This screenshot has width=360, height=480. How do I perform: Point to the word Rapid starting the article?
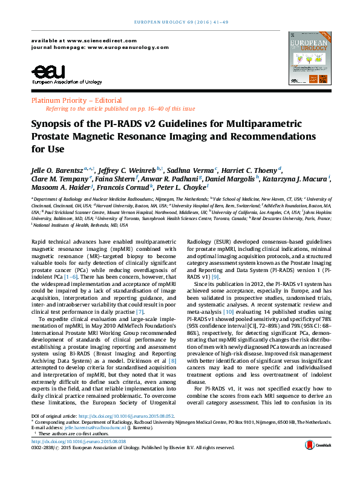point(40,241)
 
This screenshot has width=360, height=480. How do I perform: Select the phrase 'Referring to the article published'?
point(82,109)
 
